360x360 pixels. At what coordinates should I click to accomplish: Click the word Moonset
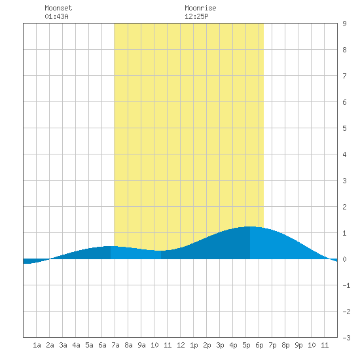[x=58, y=8]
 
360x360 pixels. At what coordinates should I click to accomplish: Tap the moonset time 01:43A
[x=56, y=16]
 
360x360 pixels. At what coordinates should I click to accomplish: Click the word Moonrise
[x=200, y=8]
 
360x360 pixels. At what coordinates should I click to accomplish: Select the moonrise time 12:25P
[x=196, y=16]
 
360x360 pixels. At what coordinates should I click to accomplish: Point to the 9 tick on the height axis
[x=344, y=24]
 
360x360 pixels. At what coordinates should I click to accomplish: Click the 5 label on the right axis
[x=344, y=128]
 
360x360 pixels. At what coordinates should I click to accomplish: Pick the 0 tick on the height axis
[x=344, y=259]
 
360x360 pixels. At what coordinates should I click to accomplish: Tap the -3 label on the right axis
[x=346, y=338]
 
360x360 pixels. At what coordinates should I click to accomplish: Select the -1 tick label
[x=346, y=285]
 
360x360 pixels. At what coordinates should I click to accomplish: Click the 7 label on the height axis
[x=344, y=76]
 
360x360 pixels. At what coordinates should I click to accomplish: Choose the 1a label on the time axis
[x=37, y=345]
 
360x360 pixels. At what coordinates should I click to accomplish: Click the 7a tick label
[x=115, y=345]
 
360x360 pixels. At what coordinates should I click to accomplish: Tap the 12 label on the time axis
[x=181, y=345]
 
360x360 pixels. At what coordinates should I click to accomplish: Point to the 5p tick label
[x=246, y=345]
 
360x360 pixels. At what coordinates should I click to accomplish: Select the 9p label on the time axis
[x=298, y=345]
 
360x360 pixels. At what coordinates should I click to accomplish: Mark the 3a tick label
[x=63, y=345]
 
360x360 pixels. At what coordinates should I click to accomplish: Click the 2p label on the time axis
[x=207, y=345]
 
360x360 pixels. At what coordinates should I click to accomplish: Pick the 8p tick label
[x=285, y=345]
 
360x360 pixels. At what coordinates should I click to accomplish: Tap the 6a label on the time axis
[x=102, y=345]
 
